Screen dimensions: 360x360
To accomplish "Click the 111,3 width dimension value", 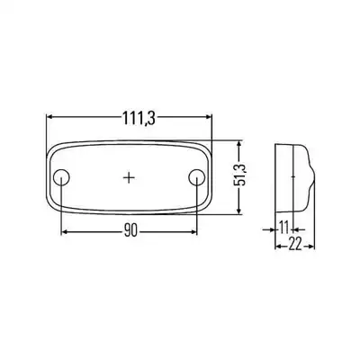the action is tap(139, 118).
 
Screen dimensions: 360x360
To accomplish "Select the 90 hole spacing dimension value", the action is tap(130, 231).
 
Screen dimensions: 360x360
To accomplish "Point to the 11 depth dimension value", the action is tap(283, 228).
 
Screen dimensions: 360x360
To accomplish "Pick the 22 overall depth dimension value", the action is tap(294, 246).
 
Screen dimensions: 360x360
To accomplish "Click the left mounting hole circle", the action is tap(61, 177).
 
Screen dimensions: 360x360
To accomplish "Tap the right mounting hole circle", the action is tap(197, 177).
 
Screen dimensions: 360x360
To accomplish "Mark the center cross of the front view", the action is tap(129, 177).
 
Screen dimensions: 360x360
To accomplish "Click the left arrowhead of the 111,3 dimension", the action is tap(49, 117).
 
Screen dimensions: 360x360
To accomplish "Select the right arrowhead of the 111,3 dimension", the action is tap(208, 117).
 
